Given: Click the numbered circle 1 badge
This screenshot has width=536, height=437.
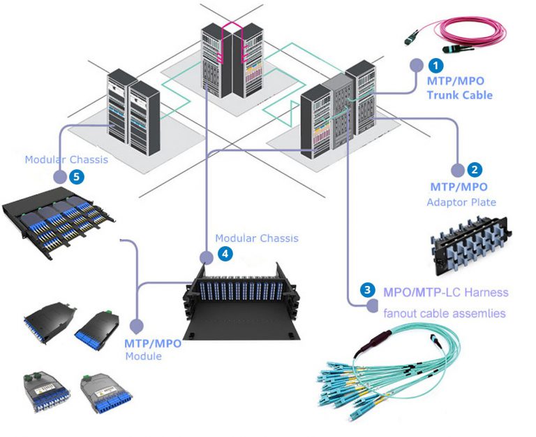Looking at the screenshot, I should pos(435,65).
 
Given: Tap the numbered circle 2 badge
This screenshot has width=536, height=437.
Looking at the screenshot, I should pos(474,169).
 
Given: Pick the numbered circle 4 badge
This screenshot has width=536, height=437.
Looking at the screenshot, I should pos(224,255).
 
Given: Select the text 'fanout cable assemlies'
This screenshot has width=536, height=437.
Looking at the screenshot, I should pos(444,313).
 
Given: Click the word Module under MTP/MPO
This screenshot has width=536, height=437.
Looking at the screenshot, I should pos(143,357).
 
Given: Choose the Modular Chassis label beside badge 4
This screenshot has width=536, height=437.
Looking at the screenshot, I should pos(256,238).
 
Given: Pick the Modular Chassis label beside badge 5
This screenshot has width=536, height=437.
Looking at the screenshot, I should pos(66,159).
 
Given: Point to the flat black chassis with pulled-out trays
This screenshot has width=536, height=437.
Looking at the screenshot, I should pos(59,220).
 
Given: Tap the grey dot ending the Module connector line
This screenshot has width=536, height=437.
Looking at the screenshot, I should pos(137,326).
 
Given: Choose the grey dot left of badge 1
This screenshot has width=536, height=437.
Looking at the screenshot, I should pos(417,66).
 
